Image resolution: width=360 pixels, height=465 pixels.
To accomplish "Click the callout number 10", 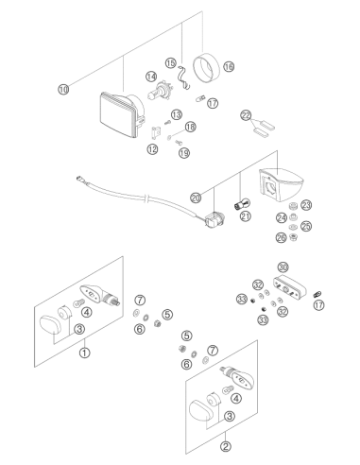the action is pyautogui.click(x=63, y=89).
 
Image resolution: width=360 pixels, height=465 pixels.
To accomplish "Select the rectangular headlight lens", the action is pyautogui.click(x=119, y=114).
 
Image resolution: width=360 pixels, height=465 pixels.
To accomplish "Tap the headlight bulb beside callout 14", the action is pyautogui.click(x=159, y=92).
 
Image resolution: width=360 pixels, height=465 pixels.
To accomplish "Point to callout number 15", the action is pyautogui.click(x=171, y=63).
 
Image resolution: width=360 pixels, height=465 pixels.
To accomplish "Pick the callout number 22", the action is pyautogui.click(x=246, y=115).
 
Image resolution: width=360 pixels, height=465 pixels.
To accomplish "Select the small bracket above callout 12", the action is pyautogui.click(x=156, y=132).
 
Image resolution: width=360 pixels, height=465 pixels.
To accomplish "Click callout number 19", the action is pyautogui.click(x=184, y=153).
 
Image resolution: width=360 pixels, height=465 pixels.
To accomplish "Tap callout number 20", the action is pyautogui.click(x=196, y=198).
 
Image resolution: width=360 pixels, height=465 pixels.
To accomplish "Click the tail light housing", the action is pyautogui.click(x=282, y=184).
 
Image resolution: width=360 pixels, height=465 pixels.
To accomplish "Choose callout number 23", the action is pyautogui.click(x=306, y=205).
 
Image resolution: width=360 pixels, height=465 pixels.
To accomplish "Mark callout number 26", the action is pyautogui.click(x=282, y=237).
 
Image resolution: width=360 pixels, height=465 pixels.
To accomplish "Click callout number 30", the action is pyautogui.click(x=283, y=267).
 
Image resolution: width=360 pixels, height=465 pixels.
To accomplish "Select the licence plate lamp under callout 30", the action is pyautogui.click(x=289, y=288).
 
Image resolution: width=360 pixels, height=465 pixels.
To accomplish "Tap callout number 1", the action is pyautogui.click(x=84, y=353).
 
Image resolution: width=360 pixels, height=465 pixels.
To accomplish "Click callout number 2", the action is pyautogui.click(x=225, y=446).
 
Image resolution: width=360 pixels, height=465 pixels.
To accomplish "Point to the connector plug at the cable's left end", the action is pyautogui.click(x=79, y=180).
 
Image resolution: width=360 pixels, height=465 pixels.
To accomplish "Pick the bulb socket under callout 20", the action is pyautogui.click(x=214, y=218).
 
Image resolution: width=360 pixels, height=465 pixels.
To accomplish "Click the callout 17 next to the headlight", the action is pyautogui.click(x=213, y=103).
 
